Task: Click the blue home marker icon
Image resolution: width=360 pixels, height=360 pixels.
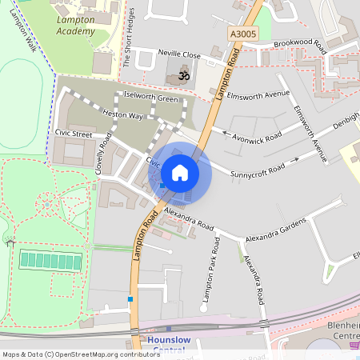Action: pyautogui.click(x=180, y=173)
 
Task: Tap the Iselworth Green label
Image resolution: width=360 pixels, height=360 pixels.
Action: pyautogui.click(x=150, y=98)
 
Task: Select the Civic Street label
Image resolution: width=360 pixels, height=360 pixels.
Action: pyautogui.click(x=74, y=134)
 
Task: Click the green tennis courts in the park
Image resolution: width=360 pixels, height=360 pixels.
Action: pyautogui.click(x=50, y=260)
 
